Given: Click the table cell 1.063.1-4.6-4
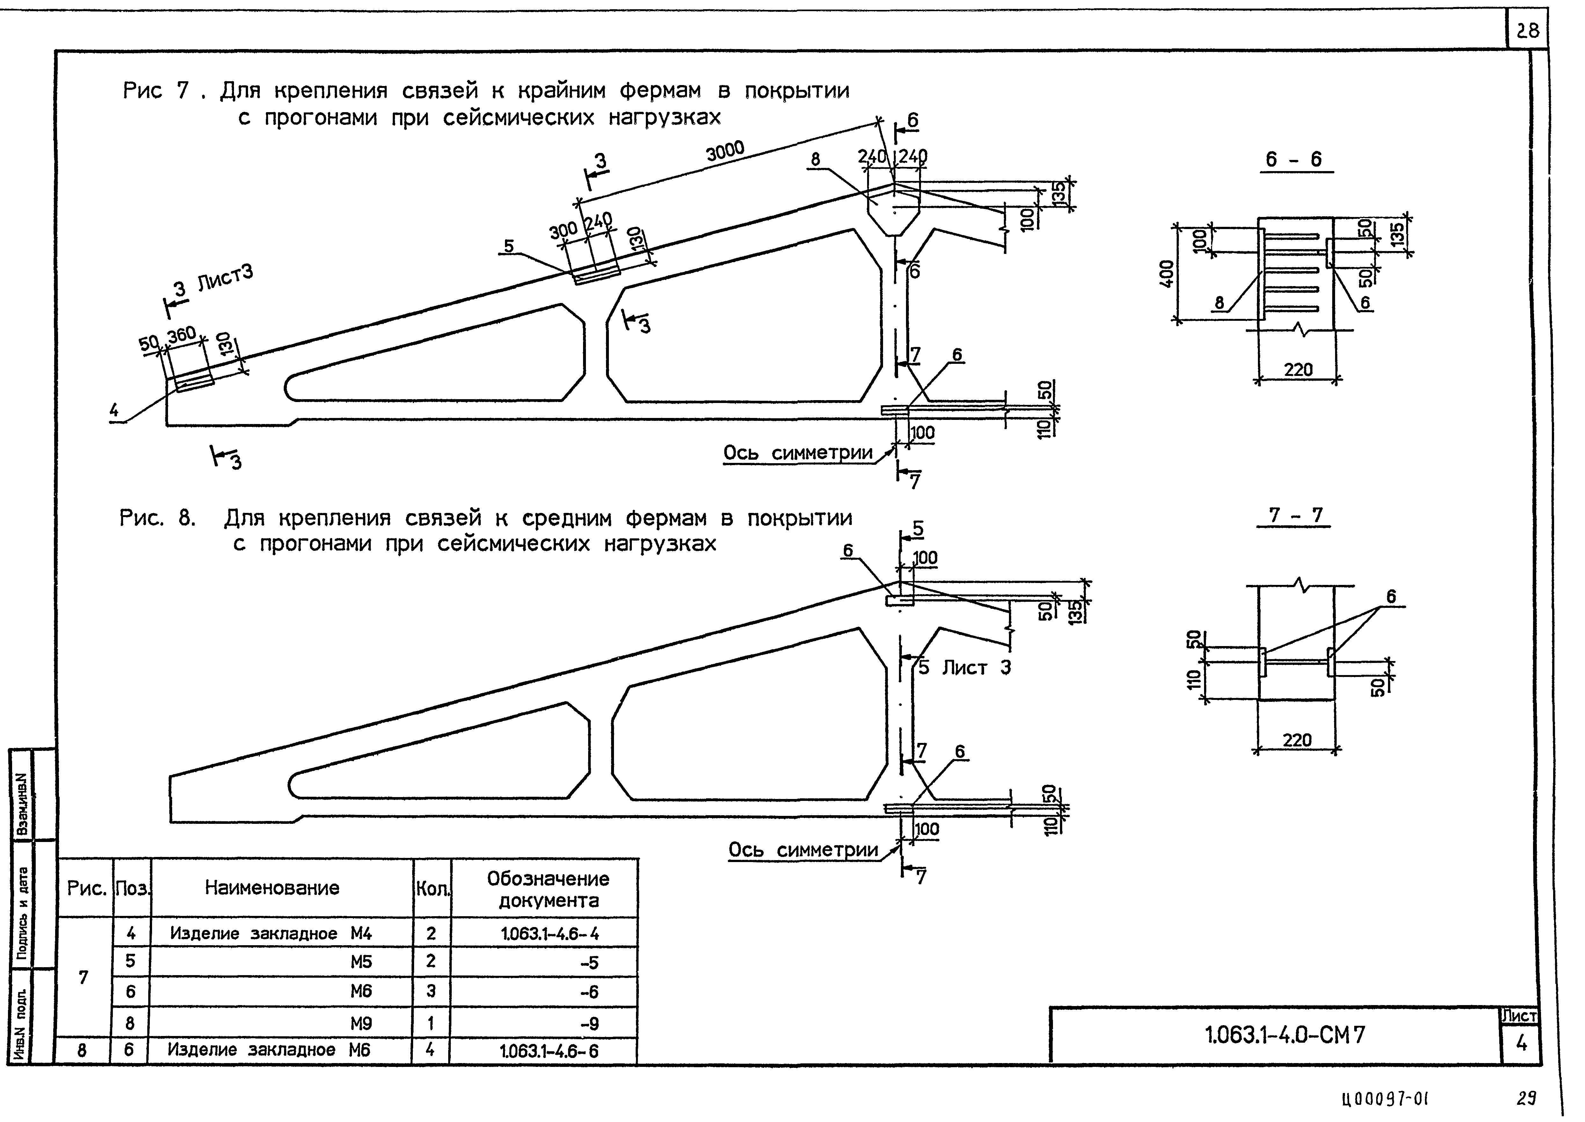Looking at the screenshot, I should [550, 934].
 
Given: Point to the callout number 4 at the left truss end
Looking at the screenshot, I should [114, 411].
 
